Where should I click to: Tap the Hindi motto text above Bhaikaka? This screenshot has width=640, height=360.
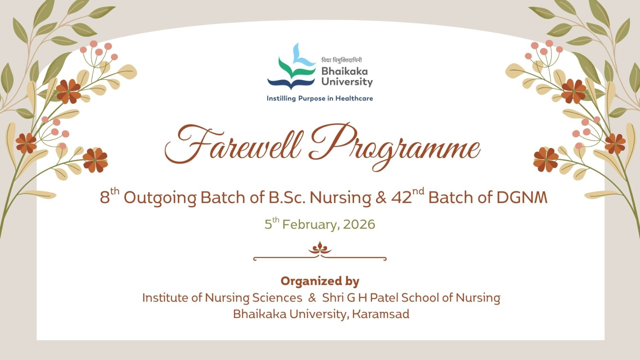[342, 60]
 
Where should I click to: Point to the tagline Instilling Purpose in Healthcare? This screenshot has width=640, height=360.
[320, 98]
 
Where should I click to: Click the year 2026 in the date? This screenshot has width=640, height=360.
[359, 224]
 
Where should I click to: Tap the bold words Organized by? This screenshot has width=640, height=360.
[320, 281]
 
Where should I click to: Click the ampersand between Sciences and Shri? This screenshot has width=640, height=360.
[312, 298]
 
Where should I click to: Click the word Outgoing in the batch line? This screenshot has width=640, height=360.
[160, 198]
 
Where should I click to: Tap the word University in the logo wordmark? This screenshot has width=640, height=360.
[347, 82]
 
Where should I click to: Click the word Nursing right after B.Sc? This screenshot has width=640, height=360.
[340, 198]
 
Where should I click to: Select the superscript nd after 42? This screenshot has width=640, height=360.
[418, 192]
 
